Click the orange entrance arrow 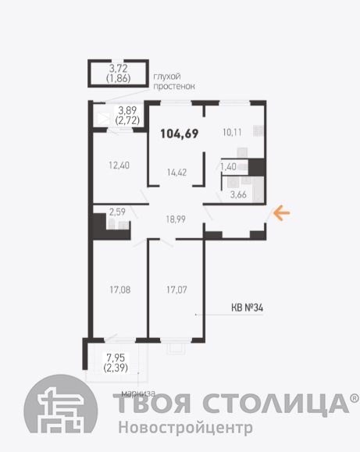click(x=282, y=213)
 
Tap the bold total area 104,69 click(x=180, y=133)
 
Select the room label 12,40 click(x=119, y=165)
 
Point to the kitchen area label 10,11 click(x=232, y=132)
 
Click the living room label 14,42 click(x=176, y=173)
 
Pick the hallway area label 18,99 click(x=176, y=219)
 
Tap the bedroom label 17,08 click(x=120, y=290)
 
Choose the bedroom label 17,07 click(x=176, y=290)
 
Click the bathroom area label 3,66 click(x=238, y=194)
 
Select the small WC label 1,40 click(x=228, y=166)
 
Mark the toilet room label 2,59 click(x=117, y=212)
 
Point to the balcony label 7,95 click(x=116, y=358)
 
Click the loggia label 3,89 click(x=127, y=110)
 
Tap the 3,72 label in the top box click(x=118, y=69)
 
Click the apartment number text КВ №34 click(x=248, y=308)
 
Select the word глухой click(x=167, y=77)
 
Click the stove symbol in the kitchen click(x=258, y=130)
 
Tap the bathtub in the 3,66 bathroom click(x=258, y=190)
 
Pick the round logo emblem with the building click(x=61, y=404)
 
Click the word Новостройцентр click(x=186, y=427)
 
